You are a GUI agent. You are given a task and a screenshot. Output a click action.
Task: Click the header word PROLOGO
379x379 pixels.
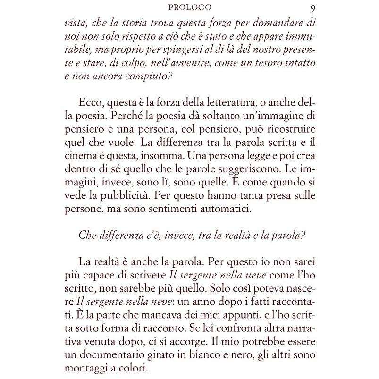click(x=189, y=8)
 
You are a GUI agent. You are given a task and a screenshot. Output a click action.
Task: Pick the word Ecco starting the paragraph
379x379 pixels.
click(x=89, y=103)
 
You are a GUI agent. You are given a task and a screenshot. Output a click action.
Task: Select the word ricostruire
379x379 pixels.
click(x=286, y=129)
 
